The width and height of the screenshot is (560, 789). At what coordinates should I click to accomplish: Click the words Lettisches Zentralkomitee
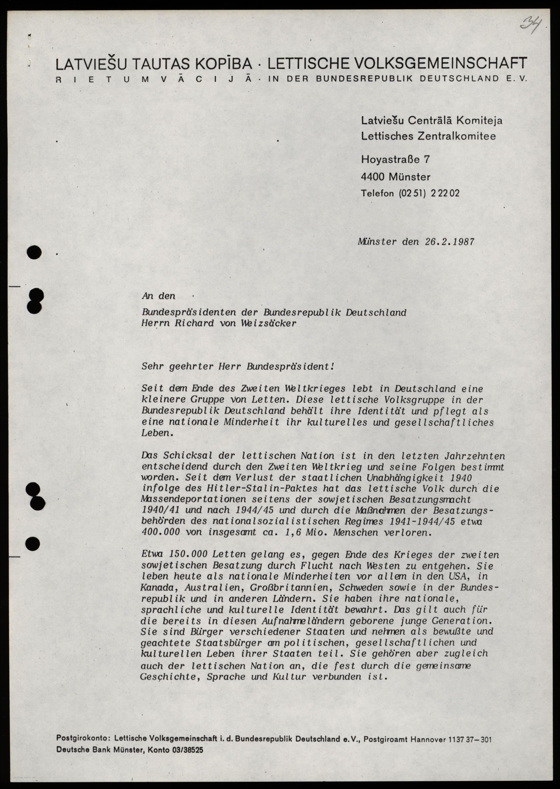click(428, 136)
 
